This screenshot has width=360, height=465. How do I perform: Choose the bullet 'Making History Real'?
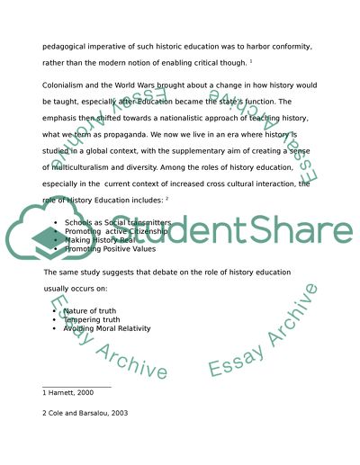pyautogui.click(x=98, y=238)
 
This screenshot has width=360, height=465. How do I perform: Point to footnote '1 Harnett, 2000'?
pyautogui.click(x=67, y=394)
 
